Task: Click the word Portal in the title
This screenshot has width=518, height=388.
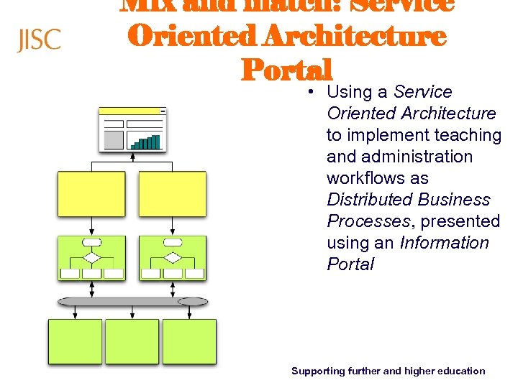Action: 287,70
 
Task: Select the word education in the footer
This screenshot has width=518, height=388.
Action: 460,371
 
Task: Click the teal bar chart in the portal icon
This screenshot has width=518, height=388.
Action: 145,142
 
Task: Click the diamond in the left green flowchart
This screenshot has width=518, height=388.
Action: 91,257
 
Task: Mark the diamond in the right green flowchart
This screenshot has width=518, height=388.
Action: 173,257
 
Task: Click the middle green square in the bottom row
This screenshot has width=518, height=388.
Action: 132,342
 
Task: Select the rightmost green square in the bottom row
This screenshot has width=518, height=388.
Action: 189,342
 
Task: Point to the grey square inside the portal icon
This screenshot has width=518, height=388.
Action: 114,139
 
